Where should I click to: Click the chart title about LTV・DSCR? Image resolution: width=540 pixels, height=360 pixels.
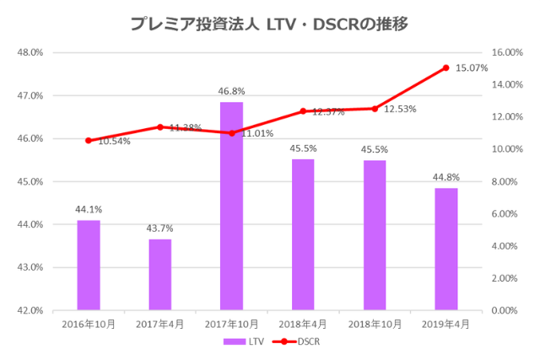coord(269,24)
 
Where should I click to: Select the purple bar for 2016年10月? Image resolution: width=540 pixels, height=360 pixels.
coord(89,265)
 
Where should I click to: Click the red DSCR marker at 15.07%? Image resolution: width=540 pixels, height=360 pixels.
coord(445,67)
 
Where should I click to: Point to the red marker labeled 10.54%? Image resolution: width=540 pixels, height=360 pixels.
coord(89,140)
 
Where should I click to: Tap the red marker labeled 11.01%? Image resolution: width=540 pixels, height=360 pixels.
coord(231,132)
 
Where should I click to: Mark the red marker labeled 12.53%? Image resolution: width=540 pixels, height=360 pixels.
coord(375,108)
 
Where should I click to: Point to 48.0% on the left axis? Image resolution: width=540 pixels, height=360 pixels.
coord(30,52)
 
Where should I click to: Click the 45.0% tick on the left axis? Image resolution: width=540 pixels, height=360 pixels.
coord(30,181)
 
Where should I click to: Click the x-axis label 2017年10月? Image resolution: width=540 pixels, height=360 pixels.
coord(231,323)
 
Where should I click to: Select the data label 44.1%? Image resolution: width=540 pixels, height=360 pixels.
coord(89,210)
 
